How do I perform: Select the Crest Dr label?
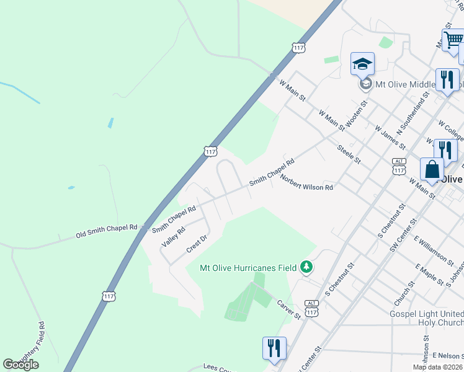[195, 244]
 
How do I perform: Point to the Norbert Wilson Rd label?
[306, 182]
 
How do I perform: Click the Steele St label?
[348, 154]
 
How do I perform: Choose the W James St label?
[390, 137]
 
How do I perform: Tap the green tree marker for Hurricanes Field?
[306, 267]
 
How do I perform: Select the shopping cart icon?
[452, 40]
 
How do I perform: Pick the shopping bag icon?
[432, 169]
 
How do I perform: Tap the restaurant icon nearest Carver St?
[274, 348]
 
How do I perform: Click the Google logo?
[20, 365]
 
